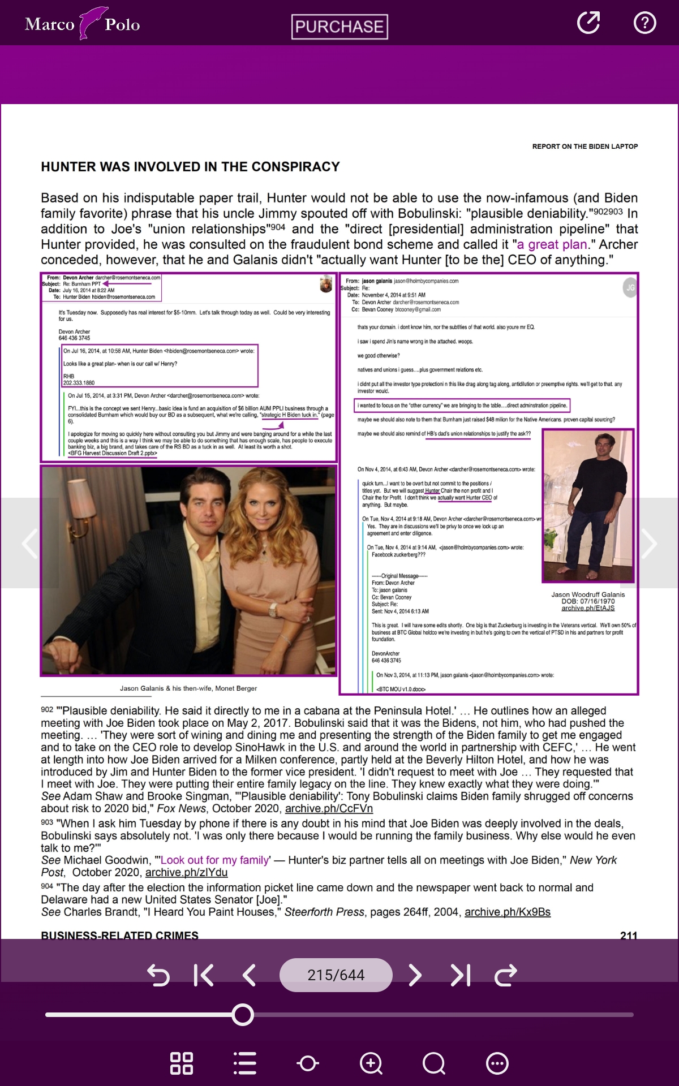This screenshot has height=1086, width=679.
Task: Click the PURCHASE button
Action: pos(339,27)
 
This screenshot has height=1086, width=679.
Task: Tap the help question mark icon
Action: pos(644,23)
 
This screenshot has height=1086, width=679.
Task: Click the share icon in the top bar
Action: pos(588,23)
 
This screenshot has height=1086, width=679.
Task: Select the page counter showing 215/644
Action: pos(336,975)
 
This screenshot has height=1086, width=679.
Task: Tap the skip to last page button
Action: pos(461,975)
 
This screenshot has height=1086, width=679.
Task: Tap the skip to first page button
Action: pos(204,975)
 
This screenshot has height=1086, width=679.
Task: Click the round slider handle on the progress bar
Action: pos(243,1015)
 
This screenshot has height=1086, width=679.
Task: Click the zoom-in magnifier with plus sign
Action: pos(371,1063)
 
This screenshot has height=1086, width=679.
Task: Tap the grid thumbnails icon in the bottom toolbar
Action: pos(182,1063)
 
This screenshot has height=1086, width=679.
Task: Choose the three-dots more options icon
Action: pos(497,1063)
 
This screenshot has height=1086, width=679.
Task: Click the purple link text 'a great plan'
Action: pos(552,244)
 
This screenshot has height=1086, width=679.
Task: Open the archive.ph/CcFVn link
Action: pos(329,808)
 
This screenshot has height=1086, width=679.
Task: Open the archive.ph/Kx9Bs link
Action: pos(507,912)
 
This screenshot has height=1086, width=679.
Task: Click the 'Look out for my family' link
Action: pos(215,860)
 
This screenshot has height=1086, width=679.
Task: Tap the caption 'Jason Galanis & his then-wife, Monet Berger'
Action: pos(188,688)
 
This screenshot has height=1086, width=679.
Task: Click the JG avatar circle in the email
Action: pos(630,287)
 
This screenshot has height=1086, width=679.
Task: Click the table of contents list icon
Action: pos(245,1063)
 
